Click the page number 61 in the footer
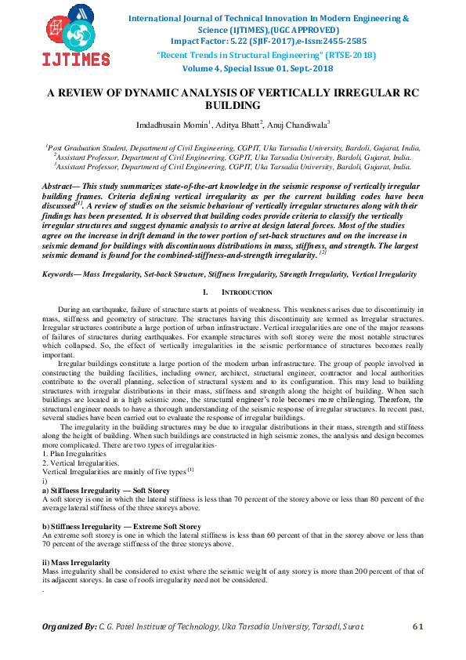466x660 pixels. point(417,626)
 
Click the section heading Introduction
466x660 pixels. point(246,292)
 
